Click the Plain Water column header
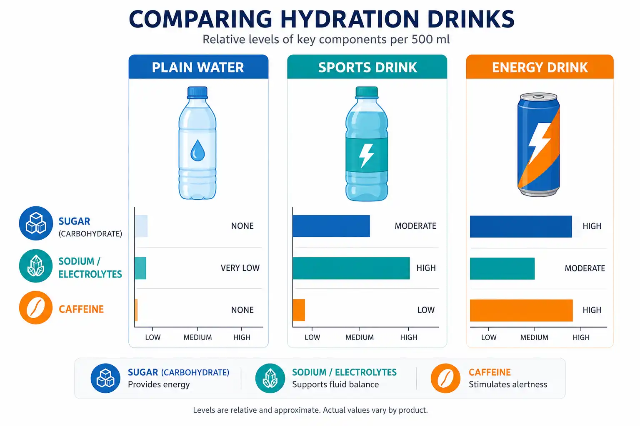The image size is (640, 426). point(198,67)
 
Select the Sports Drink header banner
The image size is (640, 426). point(367,67)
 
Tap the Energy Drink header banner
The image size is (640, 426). point(540,67)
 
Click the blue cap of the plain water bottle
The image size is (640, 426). point(197,92)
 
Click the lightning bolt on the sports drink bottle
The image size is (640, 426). point(366,156)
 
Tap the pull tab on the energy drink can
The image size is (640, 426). point(538,97)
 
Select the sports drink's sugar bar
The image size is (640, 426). point(331,226)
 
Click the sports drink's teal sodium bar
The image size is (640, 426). point(351,268)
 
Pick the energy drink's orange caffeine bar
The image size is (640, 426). point(521,310)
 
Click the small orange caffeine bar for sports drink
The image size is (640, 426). point(299,310)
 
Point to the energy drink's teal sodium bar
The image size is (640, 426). point(502,268)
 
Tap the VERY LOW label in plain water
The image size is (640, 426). point(240,268)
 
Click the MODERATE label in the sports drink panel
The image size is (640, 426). point(415,226)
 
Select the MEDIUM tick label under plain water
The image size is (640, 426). point(198,337)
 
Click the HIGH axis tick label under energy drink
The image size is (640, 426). point(581,337)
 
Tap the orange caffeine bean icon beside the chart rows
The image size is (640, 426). point(36,307)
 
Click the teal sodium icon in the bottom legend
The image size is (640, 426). point(270,378)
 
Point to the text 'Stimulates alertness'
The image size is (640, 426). point(508,385)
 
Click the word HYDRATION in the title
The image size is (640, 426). point(350,20)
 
